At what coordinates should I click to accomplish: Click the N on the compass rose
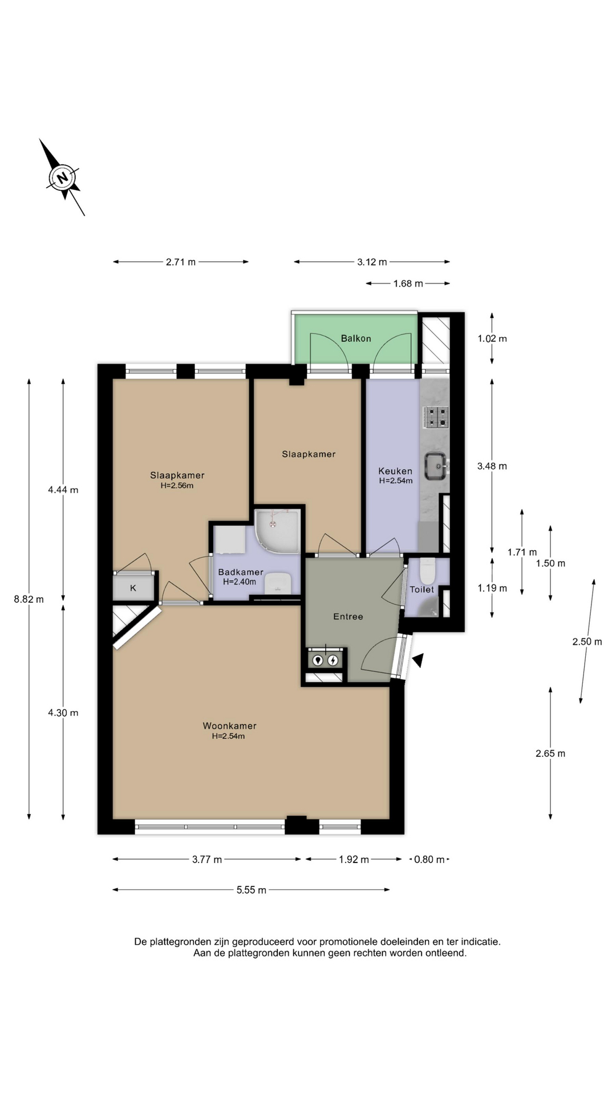point(63,177)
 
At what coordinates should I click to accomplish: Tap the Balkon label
point(356,339)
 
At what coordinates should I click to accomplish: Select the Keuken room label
point(395,471)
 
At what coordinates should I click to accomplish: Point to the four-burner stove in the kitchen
point(435,417)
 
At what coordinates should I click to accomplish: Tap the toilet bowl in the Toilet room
point(427,571)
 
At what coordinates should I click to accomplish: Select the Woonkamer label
point(230,726)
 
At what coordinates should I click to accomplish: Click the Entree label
point(348,616)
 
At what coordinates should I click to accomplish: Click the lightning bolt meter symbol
point(333,660)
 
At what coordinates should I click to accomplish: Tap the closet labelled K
point(133,588)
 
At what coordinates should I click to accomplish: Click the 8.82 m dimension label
point(29,599)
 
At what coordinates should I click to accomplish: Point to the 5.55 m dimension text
point(252,890)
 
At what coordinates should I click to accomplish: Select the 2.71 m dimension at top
point(181,262)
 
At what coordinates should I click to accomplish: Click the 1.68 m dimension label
point(408,283)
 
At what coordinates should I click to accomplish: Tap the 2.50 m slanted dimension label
point(587,642)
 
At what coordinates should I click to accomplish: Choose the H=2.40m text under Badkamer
point(240,582)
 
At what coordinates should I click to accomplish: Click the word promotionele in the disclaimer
point(358,941)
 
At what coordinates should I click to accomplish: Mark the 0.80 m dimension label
point(429,859)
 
